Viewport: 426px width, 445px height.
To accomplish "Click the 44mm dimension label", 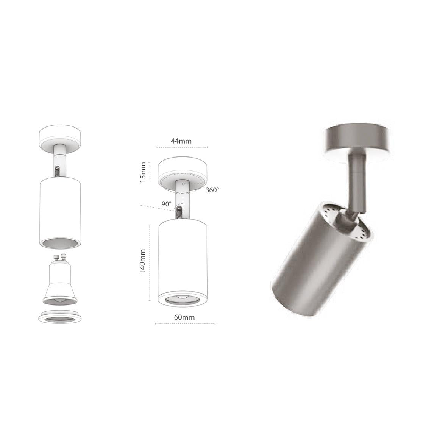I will tap(181, 141).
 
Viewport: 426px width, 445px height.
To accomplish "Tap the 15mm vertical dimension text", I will tap(143, 172).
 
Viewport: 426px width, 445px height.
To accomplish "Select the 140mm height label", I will tap(143, 261).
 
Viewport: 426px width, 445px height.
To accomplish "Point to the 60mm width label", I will tap(184, 317).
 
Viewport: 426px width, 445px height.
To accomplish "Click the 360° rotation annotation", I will tap(212, 190).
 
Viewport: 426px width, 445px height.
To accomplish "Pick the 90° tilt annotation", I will tap(166, 204).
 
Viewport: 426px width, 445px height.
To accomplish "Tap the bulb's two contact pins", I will tap(59, 259).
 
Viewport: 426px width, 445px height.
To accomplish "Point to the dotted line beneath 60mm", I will tap(185, 323).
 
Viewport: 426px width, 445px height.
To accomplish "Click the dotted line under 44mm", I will tap(182, 147).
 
